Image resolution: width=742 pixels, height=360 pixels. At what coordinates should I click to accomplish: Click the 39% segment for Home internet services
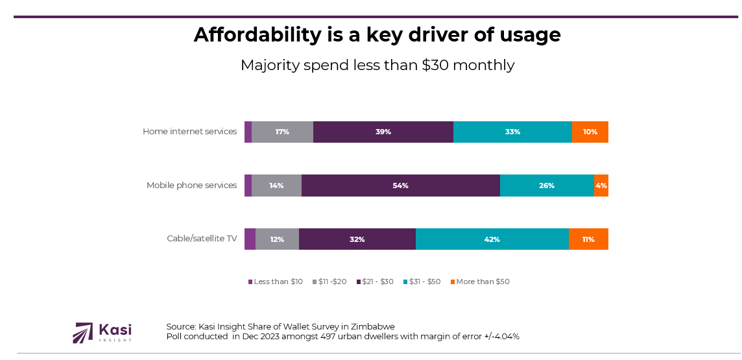(x=383, y=132)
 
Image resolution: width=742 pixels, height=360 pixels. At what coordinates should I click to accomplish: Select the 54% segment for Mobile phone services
(x=400, y=186)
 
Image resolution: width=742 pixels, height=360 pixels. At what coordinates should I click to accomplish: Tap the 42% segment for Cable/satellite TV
(x=492, y=239)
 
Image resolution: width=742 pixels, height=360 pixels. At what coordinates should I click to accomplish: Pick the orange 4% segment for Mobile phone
(x=601, y=186)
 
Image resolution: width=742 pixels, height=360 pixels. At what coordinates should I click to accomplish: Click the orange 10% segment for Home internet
(x=590, y=132)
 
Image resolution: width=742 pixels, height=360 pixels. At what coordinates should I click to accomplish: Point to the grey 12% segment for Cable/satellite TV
(x=277, y=239)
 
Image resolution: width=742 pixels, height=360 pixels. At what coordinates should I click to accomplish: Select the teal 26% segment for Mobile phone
(x=547, y=186)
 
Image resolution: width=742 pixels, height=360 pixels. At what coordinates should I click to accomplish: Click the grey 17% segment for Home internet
(x=282, y=132)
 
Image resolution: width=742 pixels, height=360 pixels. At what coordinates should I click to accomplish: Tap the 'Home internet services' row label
(x=189, y=132)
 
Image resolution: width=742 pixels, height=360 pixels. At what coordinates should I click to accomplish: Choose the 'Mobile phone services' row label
(x=191, y=186)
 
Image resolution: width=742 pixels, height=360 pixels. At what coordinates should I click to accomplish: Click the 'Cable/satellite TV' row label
(x=202, y=239)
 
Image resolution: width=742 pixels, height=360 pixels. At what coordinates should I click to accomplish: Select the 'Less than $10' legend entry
(x=278, y=282)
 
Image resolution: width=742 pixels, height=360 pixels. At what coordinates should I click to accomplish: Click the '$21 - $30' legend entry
(x=378, y=282)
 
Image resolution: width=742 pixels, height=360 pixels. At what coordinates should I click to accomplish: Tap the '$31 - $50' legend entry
(x=424, y=282)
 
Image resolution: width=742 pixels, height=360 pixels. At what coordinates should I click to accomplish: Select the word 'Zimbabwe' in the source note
(x=371, y=326)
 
